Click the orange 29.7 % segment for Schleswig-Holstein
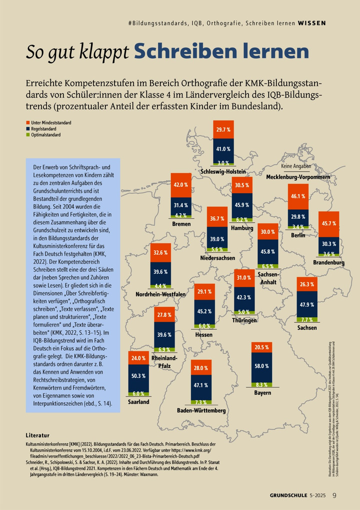(x=223, y=130)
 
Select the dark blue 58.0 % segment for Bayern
(x=261, y=366)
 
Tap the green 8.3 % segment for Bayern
(x=261, y=384)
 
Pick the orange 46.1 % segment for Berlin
(x=298, y=196)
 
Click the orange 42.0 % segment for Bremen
(x=180, y=184)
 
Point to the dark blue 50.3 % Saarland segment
(x=138, y=375)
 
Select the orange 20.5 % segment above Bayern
(x=261, y=347)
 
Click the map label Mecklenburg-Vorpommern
(x=298, y=177)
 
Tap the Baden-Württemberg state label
(x=201, y=410)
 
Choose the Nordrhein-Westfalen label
(x=160, y=294)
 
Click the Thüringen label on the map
(x=244, y=320)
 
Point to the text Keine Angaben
(x=296, y=166)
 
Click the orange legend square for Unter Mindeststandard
(x=27, y=122)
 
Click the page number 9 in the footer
(x=334, y=495)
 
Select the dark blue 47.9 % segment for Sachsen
(x=306, y=304)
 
